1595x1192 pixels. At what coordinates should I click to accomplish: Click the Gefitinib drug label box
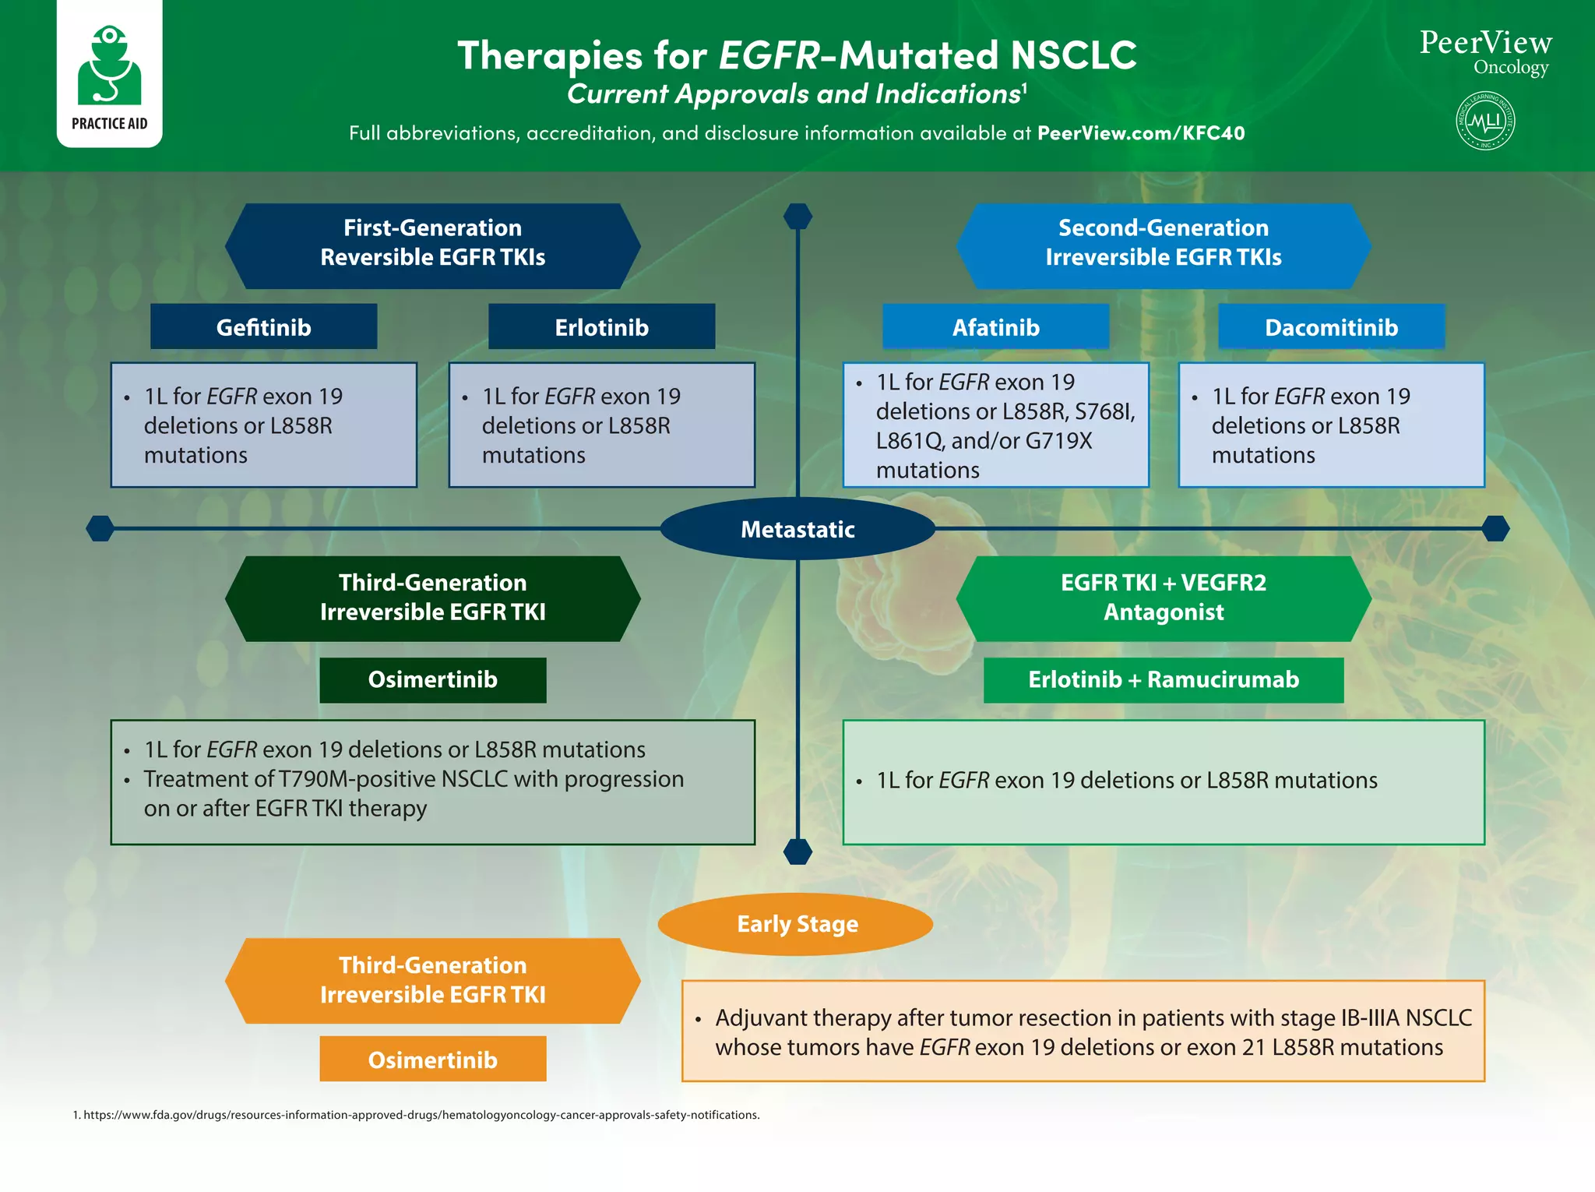[x=263, y=327]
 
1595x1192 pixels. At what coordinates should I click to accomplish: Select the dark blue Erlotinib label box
[x=601, y=327]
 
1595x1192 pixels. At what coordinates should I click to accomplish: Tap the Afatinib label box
[x=995, y=327]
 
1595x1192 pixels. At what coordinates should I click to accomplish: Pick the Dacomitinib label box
[x=1331, y=327]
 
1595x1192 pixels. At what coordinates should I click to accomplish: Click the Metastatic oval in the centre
[x=797, y=529]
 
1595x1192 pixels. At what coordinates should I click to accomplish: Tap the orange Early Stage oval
[x=796, y=924]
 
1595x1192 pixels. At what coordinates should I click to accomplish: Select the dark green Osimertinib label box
[x=432, y=679]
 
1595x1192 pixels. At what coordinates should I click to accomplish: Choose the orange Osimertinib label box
[x=432, y=1060]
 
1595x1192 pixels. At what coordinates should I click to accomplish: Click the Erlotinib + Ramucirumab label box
[x=1163, y=679]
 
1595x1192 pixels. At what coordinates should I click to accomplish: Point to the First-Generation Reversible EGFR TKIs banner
[x=432, y=243]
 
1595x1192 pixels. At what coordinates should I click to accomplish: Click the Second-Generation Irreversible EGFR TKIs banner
[x=1163, y=243]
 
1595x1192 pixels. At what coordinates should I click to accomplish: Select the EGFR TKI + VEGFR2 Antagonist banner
[x=1163, y=598]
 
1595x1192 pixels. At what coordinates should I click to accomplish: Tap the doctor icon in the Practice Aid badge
[x=110, y=66]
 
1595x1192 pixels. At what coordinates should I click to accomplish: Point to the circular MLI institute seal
[x=1485, y=121]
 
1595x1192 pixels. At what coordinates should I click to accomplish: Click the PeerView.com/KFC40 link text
[x=1141, y=133]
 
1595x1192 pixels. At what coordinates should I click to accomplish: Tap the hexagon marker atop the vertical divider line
[x=797, y=216]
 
